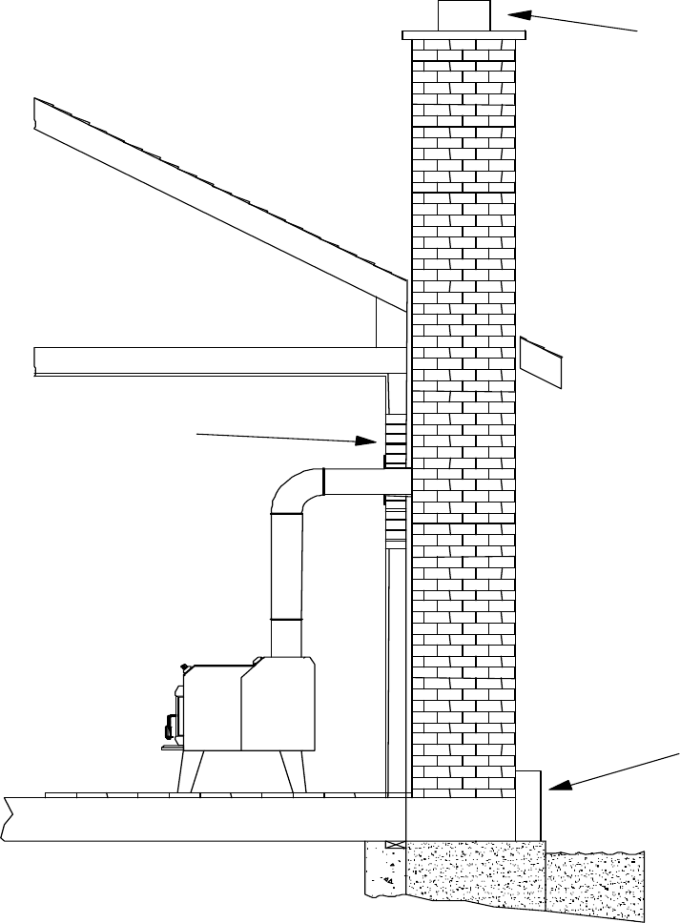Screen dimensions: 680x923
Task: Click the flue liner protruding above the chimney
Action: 464,16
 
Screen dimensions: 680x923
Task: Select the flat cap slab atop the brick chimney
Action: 464,35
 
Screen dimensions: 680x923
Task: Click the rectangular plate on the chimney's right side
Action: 541,362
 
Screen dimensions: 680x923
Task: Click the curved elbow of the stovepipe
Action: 296,490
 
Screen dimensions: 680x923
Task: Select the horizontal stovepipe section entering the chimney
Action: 367,482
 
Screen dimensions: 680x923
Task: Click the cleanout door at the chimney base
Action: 528,805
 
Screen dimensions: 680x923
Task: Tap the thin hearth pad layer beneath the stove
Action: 219,794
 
